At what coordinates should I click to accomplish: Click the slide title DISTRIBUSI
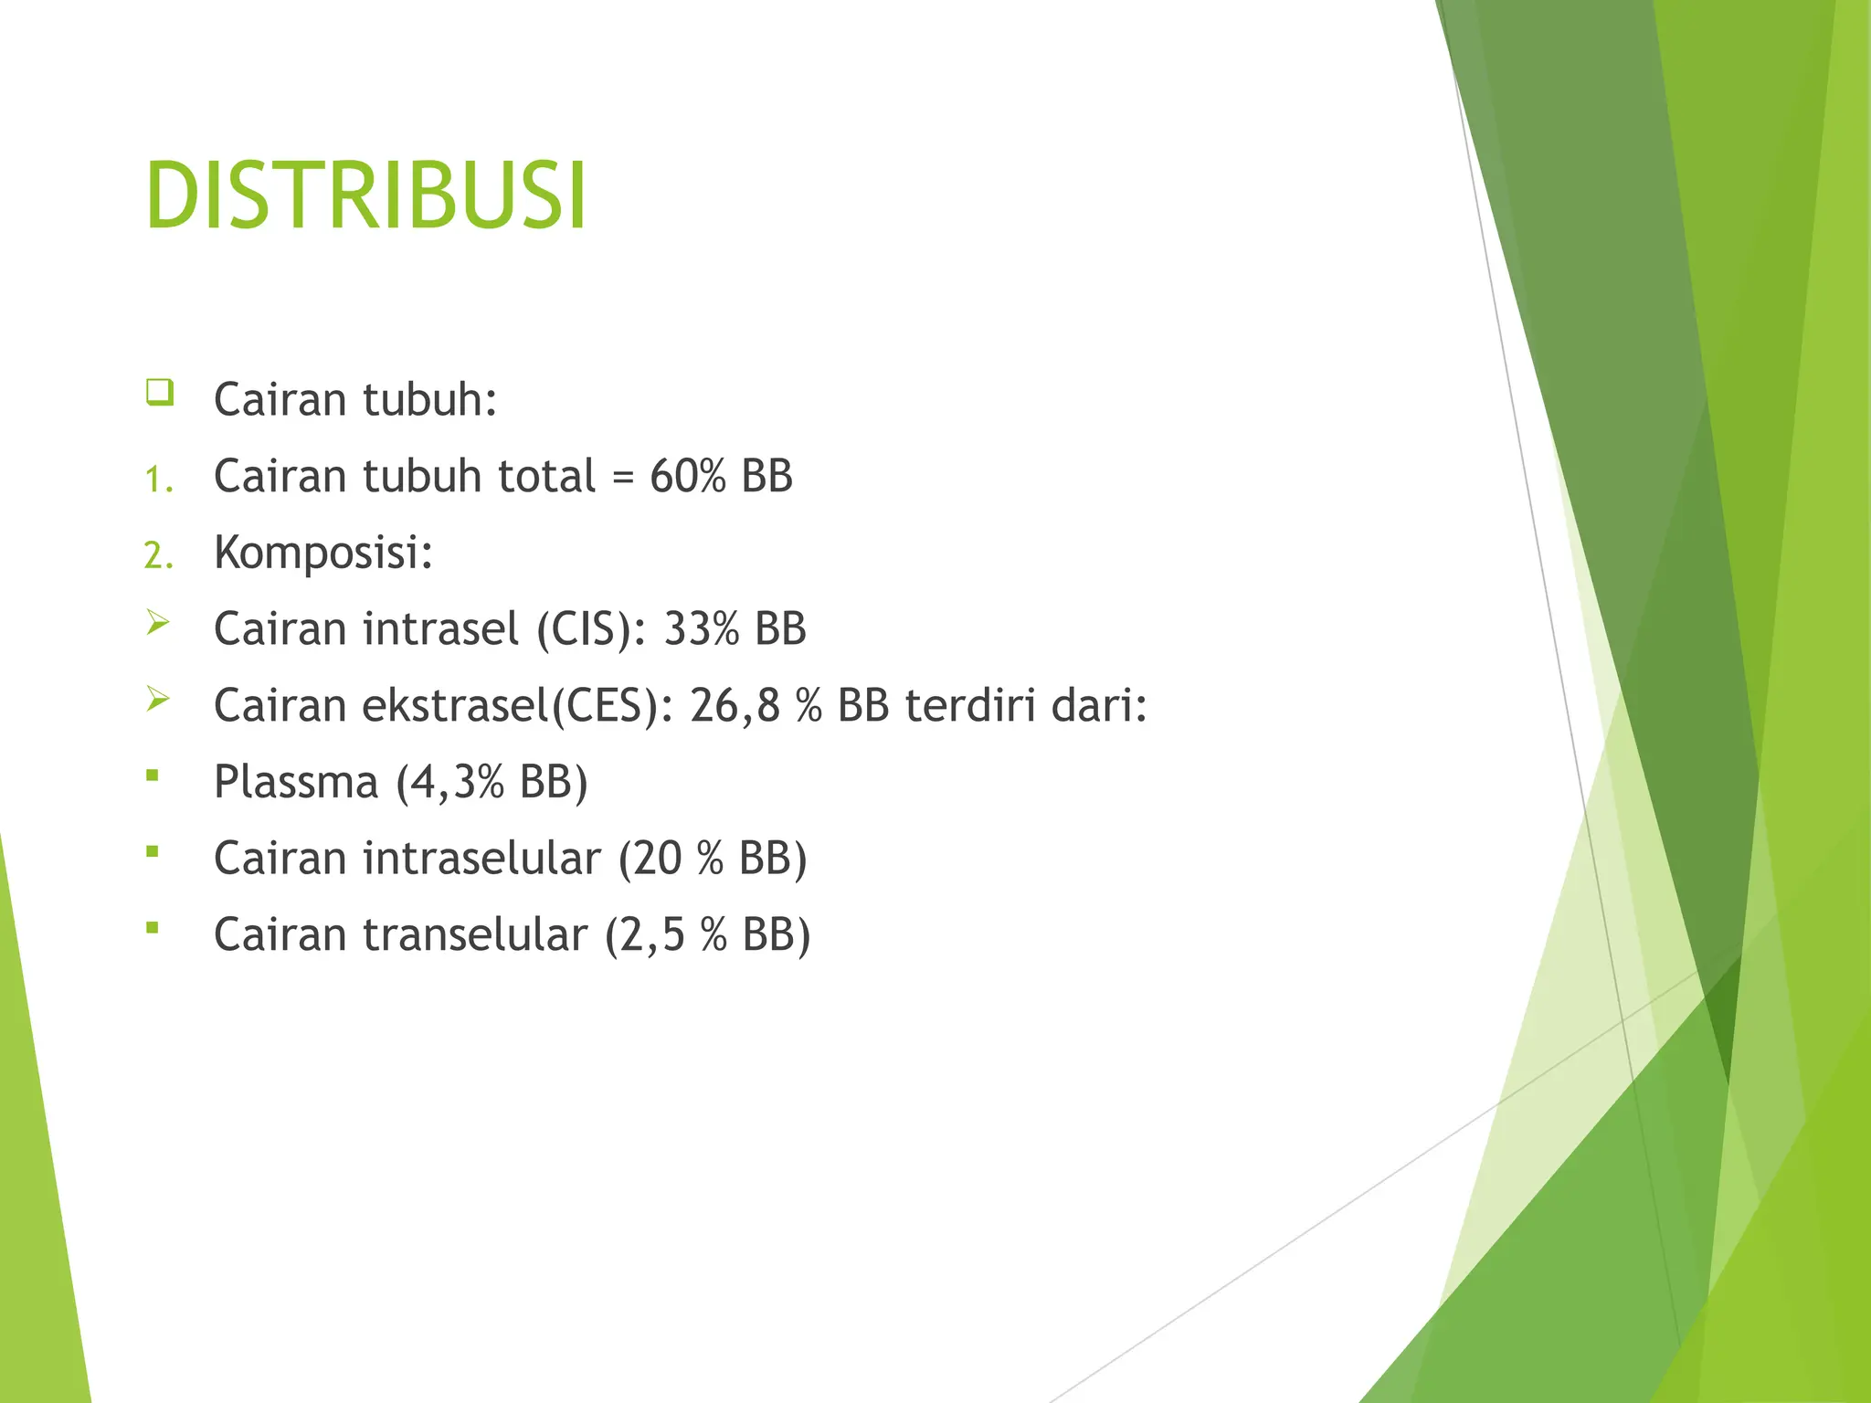pos(365,196)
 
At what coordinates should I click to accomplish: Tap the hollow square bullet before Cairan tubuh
pos(159,393)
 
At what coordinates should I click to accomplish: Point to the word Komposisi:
pos(323,553)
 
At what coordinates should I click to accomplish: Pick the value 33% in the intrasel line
pos(701,629)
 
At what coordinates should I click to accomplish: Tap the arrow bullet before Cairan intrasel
pos(158,624)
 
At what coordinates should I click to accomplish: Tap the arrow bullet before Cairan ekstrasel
pos(158,701)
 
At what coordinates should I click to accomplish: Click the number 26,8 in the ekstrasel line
pos(735,706)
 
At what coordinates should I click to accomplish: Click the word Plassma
pos(296,783)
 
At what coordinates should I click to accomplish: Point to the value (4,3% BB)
pos(492,783)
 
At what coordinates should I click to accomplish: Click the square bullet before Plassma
pos(153,776)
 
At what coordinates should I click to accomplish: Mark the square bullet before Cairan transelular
pos(153,929)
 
